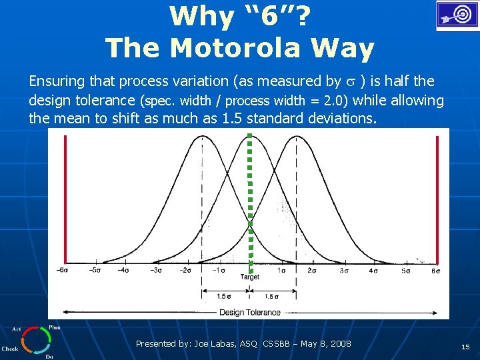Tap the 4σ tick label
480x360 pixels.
coord(373,270)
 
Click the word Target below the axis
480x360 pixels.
coord(249,277)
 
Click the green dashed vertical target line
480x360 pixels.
coord(250,200)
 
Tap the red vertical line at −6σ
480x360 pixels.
coord(65,200)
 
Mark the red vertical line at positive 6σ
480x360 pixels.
coord(437,200)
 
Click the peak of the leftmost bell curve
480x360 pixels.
coord(203,136)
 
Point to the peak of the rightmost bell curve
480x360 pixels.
coord(296,136)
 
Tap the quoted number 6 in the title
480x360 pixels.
coord(269,16)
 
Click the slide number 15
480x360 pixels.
coord(465,347)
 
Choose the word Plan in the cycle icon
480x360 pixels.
coord(55,327)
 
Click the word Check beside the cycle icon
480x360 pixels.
coord(10,348)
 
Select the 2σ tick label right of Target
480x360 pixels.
coord(311,270)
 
